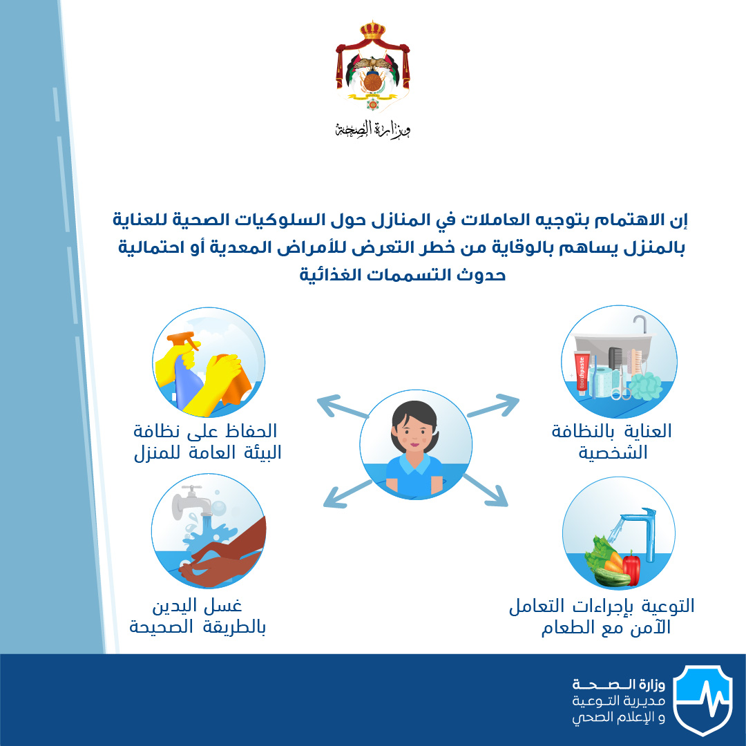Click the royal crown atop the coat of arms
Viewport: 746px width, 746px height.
click(372, 30)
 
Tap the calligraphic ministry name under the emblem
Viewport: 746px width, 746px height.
click(372, 129)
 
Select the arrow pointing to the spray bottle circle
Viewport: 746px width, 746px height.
click(343, 406)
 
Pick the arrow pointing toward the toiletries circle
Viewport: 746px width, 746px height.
click(493, 405)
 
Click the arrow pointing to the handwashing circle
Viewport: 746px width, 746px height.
click(347, 494)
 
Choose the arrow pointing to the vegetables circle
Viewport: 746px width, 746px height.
click(486, 490)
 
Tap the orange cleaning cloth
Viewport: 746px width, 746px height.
click(236, 381)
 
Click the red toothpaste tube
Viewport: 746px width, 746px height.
click(582, 373)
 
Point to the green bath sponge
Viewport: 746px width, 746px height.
click(646, 385)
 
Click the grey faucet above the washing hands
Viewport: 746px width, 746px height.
click(192, 502)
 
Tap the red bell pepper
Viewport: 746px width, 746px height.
click(631, 568)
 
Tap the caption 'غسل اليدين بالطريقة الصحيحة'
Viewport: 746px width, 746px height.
click(198, 617)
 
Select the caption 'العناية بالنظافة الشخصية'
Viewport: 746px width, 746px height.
click(612, 441)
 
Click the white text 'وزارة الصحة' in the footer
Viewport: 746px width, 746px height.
click(618, 685)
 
